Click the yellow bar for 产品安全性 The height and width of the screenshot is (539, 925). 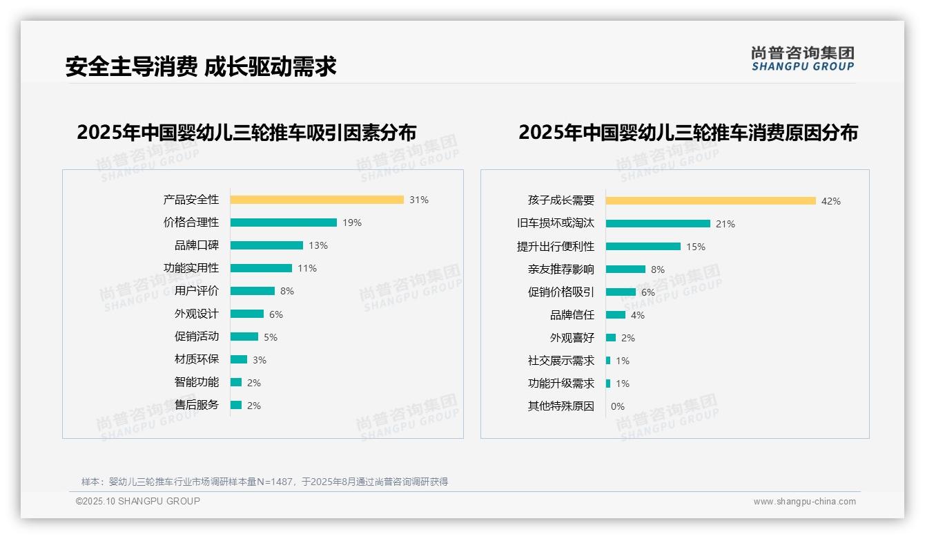click(317, 200)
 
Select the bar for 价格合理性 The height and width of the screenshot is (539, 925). click(284, 223)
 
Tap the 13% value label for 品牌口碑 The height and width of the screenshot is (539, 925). click(318, 245)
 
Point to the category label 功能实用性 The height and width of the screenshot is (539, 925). click(191, 268)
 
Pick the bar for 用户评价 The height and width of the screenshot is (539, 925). click(253, 291)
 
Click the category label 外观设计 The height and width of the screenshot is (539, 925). click(197, 314)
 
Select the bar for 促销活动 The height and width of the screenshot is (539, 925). click(244, 337)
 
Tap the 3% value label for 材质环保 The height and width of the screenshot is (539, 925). click(259, 360)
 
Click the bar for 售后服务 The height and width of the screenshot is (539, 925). click(236, 405)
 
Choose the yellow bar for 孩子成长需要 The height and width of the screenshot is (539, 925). click(711, 201)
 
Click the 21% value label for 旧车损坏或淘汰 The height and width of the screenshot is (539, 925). click(726, 224)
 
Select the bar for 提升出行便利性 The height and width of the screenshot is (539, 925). click(643, 247)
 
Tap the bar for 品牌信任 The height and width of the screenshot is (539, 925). click(616, 315)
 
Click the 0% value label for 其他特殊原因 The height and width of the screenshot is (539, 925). click(617, 406)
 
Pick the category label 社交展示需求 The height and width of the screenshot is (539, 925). click(561, 361)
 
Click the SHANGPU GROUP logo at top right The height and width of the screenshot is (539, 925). click(803, 59)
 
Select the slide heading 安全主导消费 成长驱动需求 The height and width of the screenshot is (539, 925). click(201, 66)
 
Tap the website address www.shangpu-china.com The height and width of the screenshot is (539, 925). click(804, 502)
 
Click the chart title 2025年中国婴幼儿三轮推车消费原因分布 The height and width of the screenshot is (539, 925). click(688, 133)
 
